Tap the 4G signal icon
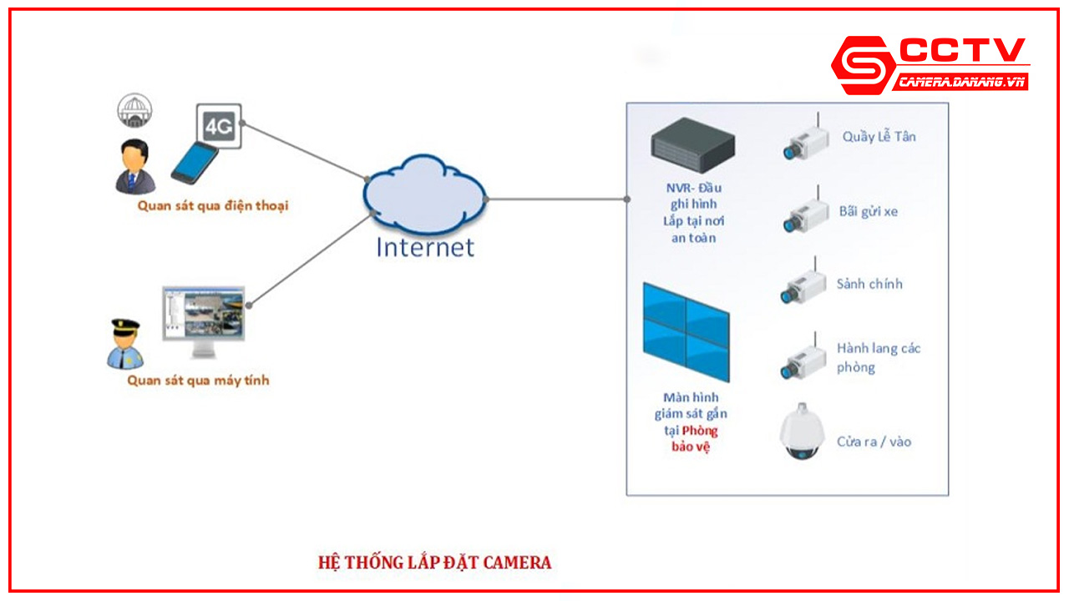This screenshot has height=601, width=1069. click(x=219, y=126)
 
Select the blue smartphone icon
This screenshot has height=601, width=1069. click(x=195, y=162)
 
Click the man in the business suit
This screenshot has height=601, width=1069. click(x=133, y=166)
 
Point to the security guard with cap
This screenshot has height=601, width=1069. click(x=125, y=343)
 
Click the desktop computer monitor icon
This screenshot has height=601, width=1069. click(x=204, y=321)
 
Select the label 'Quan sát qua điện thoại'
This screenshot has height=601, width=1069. click(x=212, y=205)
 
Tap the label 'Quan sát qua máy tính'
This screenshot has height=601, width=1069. click(x=198, y=381)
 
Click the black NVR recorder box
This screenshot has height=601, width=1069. click(x=692, y=145)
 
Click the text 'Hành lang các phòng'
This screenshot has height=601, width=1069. click(x=879, y=357)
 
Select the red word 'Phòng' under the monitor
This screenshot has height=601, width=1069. click(x=700, y=431)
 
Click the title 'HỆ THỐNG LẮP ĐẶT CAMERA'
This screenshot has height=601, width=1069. click(x=434, y=562)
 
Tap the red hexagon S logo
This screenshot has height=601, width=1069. click(x=863, y=65)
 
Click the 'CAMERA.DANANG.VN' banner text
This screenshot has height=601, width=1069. click(x=961, y=82)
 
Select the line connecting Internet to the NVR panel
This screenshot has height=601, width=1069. click(x=556, y=199)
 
